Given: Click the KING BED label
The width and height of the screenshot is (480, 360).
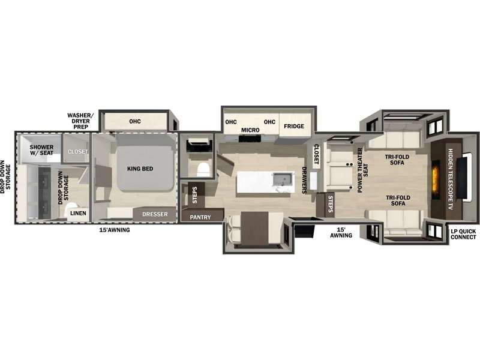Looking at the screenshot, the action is tap(140, 169).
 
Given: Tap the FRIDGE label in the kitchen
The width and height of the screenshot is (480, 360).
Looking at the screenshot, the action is tap(294, 126).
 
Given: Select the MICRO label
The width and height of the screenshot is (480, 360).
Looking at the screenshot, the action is tap(250, 130).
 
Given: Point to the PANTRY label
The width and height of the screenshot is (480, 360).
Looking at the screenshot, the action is tap(200, 217).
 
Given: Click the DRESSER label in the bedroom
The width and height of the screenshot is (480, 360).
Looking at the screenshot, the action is tap(155, 214).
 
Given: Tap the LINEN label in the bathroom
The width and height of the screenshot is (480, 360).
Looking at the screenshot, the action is tap(78, 213).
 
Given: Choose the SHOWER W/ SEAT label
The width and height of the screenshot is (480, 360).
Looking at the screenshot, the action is tap(41, 150).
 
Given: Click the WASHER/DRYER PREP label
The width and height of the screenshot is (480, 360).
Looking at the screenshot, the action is tap(80, 121).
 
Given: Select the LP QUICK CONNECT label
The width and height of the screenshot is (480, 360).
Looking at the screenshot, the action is tap(463, 234).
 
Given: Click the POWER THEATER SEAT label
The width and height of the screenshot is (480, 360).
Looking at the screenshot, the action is tap(363, 170).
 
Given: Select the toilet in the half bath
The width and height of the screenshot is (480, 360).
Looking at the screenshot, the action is tap(202, 169).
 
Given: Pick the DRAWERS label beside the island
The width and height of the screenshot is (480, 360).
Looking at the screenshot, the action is tap(304, 180).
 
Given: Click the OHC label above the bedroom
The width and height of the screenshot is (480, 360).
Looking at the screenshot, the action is tap(135, 122).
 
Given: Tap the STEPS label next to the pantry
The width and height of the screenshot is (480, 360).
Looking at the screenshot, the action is tap(194, 195).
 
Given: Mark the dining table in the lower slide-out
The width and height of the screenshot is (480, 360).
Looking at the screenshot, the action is tap(254, 228).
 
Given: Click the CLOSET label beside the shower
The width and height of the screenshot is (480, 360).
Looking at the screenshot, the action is tap(78, 152).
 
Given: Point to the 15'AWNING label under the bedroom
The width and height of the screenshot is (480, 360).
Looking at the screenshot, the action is tap(115, 230).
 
